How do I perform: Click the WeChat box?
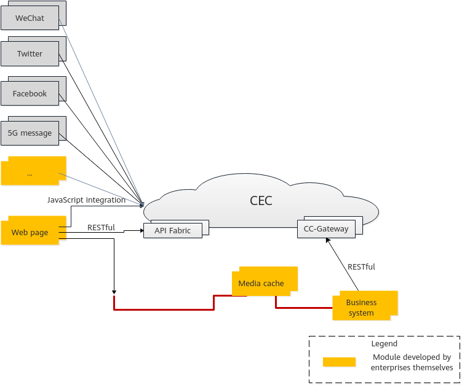[30, 18]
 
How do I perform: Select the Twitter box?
[30, 53]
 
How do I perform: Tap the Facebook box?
[30, 93]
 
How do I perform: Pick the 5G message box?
[30, 133]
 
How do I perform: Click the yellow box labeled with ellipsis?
[30, 173]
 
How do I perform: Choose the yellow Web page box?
[30, 233]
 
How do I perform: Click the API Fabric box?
[173, 230]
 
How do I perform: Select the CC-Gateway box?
[326, 229]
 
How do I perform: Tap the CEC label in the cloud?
[261, 200]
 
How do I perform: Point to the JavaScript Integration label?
[86, 200]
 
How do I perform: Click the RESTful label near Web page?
[101, 227]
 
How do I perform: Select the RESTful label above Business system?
[361, 266]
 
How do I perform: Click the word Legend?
[384, 344]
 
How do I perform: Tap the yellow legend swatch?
[339, 362]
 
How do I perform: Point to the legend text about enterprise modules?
[412, 362]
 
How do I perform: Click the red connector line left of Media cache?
[164, 309]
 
